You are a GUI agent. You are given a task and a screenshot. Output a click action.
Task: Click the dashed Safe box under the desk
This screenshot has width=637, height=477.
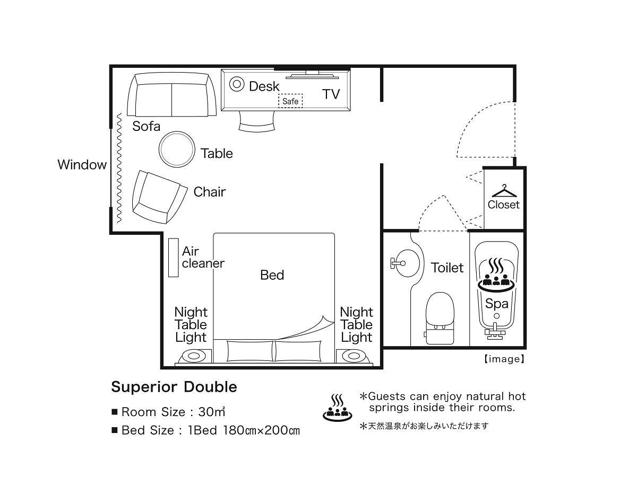coord(290,101)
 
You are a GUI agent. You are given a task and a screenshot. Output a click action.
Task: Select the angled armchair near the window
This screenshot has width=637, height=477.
coord(159,197)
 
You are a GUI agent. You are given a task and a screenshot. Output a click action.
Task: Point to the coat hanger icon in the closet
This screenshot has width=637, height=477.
coord(504,191)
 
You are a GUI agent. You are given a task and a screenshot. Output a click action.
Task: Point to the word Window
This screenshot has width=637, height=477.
coord(82,164)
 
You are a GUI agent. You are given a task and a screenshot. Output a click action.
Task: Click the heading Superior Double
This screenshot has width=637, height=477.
coord(174,387)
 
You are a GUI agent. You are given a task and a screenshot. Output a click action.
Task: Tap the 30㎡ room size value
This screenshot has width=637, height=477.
coord(212,412)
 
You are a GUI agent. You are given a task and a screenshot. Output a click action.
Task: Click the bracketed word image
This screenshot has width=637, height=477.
coord(504,359)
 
